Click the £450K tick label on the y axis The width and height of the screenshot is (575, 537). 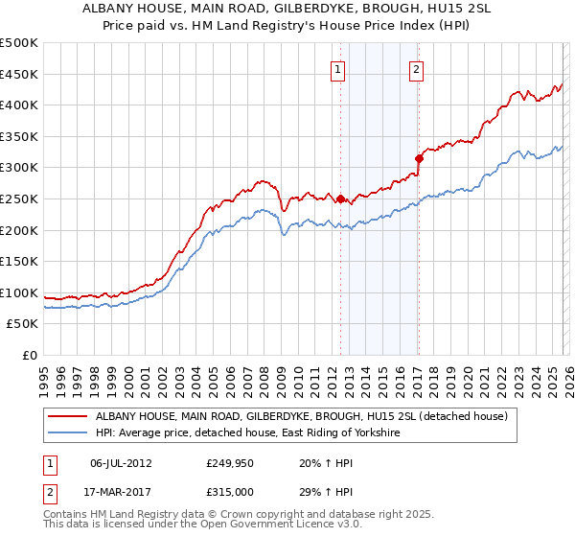pyautogui.click(x=19, y=74)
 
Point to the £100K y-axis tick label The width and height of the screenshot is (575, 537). pyautogui.click(x=19, y=292)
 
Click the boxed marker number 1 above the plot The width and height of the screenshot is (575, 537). pyautogui.click(x=339, y=68)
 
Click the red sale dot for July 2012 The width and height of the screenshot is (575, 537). pyautogui.click(x=340, y=199)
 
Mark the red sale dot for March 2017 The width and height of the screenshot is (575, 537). pyautogui.click(x=419, y=158)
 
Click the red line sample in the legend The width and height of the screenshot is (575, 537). pyautogui.click(x=68, y=416)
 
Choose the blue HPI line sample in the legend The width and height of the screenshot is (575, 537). pyautogui.click(x=68, y=433)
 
